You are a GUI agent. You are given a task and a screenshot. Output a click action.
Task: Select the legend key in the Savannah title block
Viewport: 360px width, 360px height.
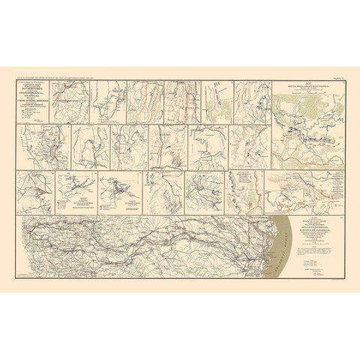pyautogui.click(x=312, y=264)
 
